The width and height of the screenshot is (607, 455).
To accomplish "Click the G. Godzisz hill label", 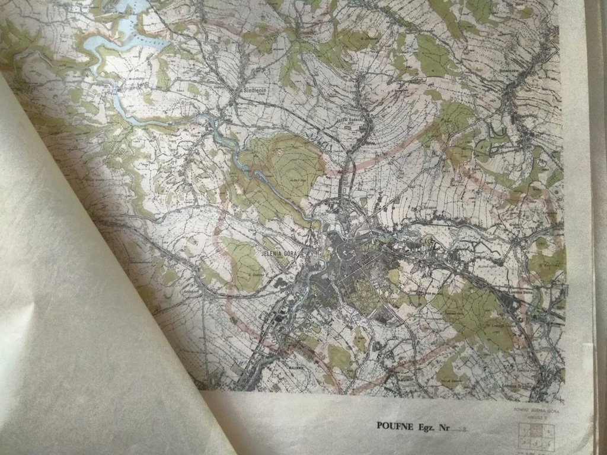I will (x=255, y=274).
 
